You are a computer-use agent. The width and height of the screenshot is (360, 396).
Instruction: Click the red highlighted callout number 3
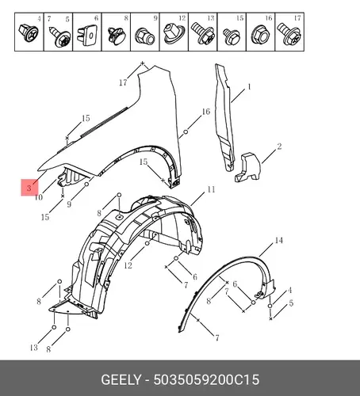[29, 188]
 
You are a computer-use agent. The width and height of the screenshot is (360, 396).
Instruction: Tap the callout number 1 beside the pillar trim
[249, 87]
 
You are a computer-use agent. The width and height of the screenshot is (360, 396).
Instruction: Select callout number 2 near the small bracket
[279, 147]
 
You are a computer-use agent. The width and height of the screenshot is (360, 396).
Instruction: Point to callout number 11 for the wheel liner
[211, 189]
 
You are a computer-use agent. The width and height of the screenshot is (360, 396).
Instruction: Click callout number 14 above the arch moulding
[279, 240]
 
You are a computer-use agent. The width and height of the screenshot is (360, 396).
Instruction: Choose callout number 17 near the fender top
[123, 82]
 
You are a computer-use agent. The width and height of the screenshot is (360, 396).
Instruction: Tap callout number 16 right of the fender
[206, 112]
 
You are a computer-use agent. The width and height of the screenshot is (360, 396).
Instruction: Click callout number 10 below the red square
[39, 197]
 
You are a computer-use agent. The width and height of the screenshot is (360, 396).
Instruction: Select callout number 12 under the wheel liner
[128, 265]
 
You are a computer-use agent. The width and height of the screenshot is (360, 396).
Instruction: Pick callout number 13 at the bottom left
[34, 348]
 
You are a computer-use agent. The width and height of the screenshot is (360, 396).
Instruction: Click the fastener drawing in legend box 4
[28, 32]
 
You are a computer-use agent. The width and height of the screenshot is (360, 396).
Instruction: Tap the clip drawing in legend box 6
[87, 35]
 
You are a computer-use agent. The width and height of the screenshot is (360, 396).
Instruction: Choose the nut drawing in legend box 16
[261, 34]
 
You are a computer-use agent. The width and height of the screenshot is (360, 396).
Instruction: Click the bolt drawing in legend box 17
[289, 34]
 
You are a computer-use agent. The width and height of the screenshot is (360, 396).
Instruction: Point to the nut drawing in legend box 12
[173, 34]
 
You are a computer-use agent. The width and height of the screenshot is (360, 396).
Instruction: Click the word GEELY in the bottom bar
[121, 380]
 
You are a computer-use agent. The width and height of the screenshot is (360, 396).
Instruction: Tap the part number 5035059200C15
[206, 380]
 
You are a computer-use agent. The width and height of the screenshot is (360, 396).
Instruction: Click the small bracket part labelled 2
[247, 167]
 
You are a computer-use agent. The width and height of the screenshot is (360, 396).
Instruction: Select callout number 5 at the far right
[291, 303]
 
